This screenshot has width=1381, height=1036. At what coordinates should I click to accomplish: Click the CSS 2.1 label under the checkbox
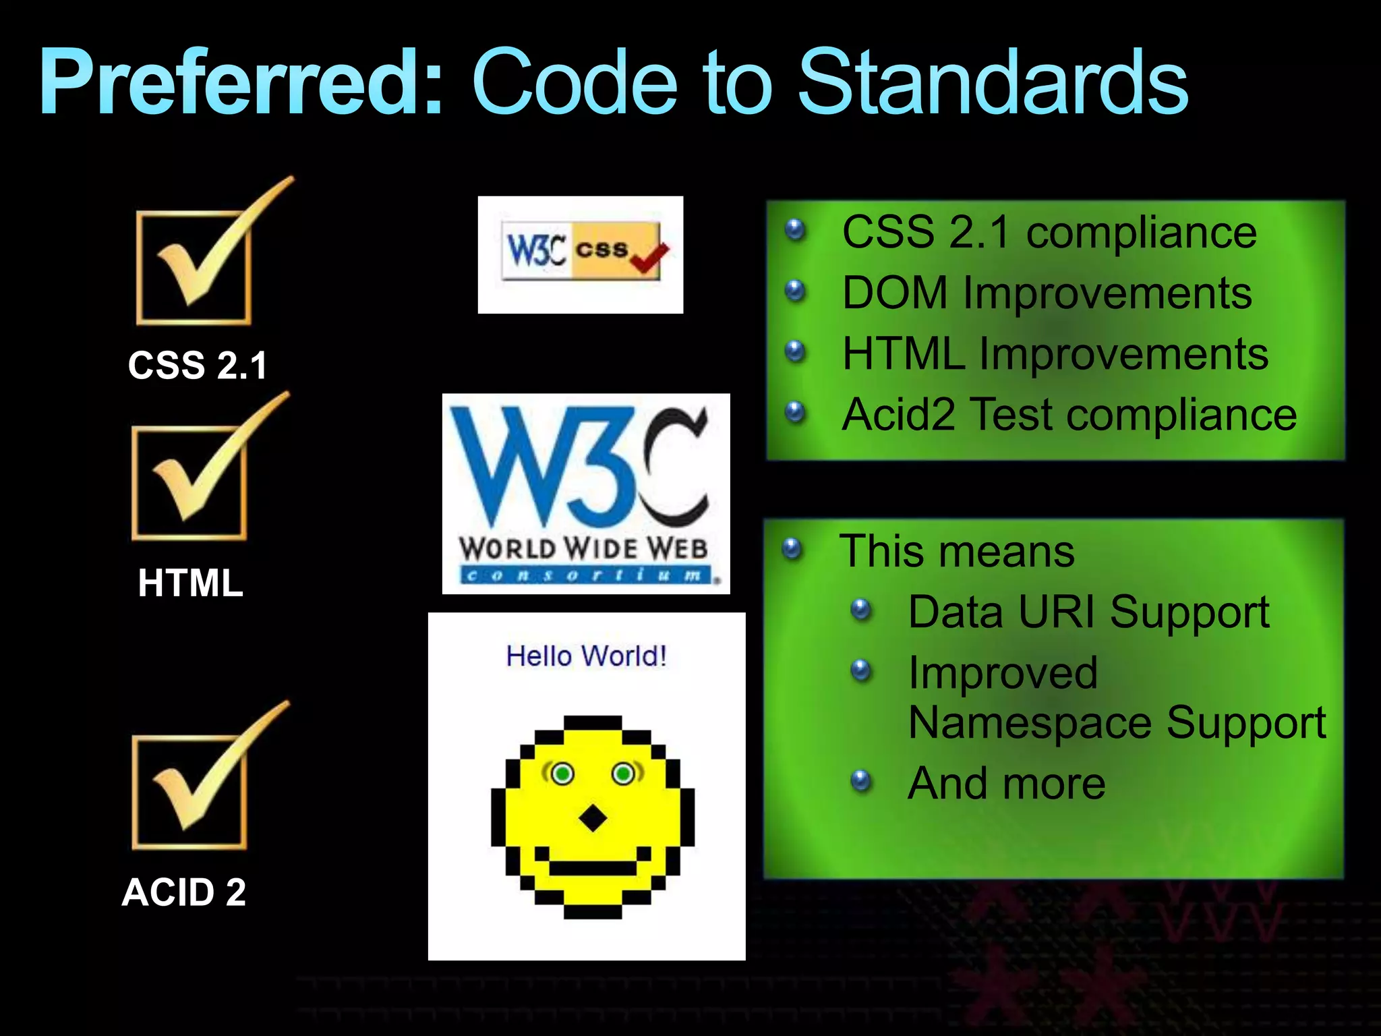pos(198,366)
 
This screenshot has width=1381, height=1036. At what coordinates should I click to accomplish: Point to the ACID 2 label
pos(183,892)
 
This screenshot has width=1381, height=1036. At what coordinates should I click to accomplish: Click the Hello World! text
pos(586,656)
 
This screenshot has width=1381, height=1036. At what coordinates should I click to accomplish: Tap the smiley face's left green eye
pos(562,774)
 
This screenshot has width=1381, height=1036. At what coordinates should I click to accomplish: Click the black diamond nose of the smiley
pos(593,819)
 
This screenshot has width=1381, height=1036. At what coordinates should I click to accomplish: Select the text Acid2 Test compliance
pos(1069,415)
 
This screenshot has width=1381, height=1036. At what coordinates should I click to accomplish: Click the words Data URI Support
pos(1088,612)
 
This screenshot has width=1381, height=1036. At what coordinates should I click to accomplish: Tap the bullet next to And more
pos(860,781)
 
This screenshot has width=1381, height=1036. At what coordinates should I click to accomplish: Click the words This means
pos(956,552)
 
